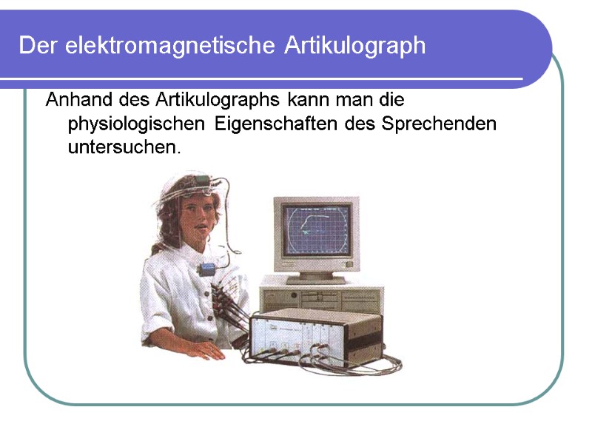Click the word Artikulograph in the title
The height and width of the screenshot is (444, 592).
(x=354, y=46)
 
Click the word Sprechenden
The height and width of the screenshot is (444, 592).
(x=439, y=123)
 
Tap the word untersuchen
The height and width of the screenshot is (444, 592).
(x=124, y=147)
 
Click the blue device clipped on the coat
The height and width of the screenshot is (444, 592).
(x=209, y=267)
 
